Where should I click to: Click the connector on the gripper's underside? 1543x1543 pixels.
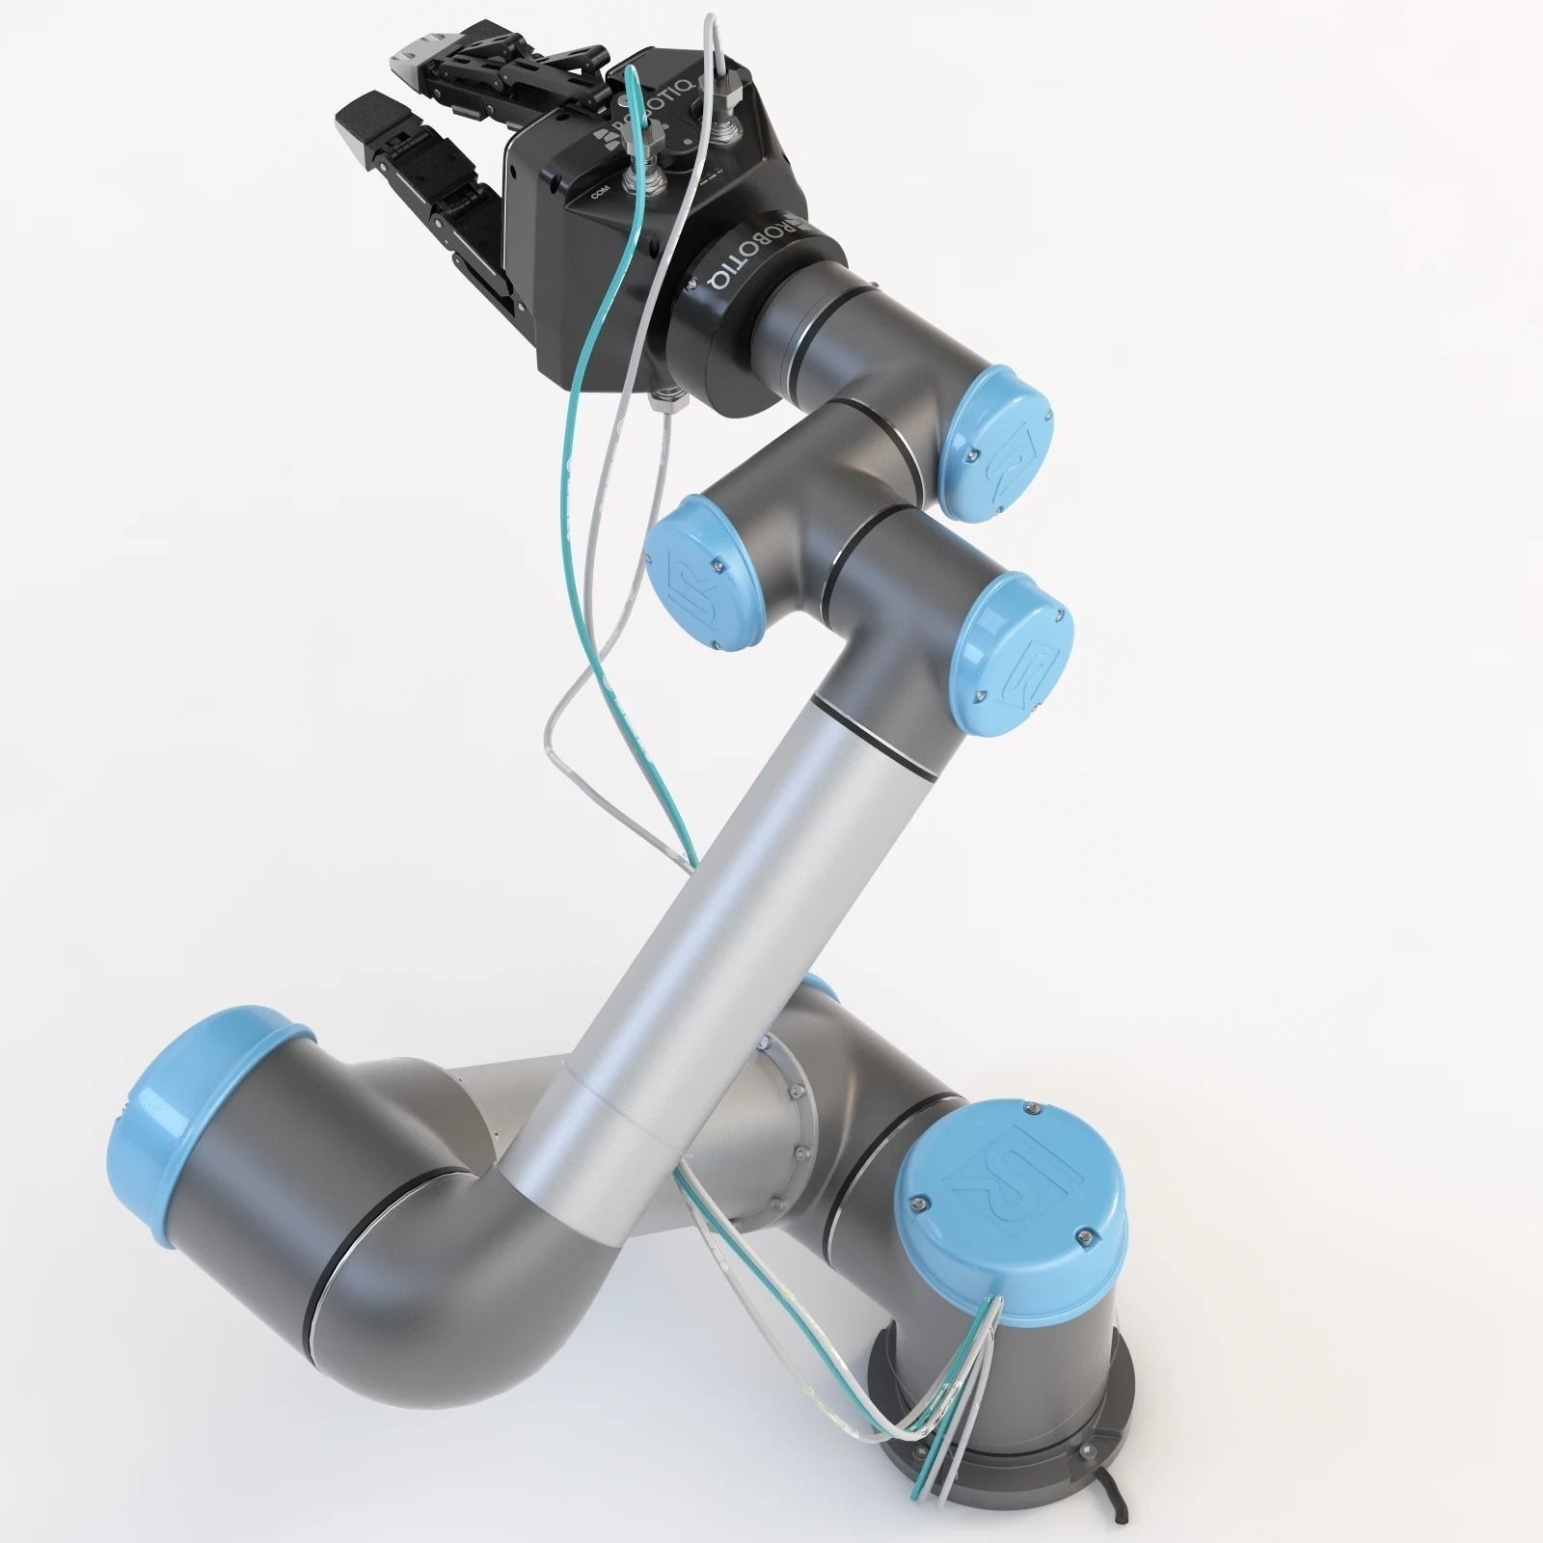coord(665,397)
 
